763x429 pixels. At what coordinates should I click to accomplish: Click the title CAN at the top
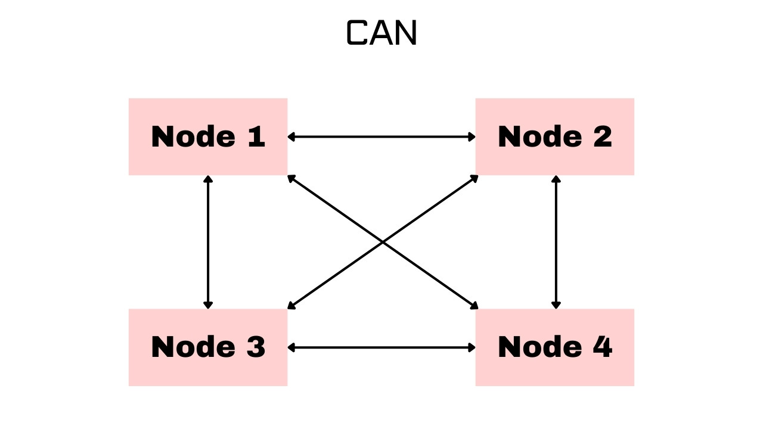pyautogui.click(x=381, y=33)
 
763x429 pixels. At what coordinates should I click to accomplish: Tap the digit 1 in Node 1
pyautogui.click(x=256, y=137)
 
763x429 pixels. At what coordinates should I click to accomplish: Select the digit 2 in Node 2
pyautogui.click(x=601, y=137)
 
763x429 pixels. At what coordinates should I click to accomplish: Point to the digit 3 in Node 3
pyautogui.click(x=256, y=347)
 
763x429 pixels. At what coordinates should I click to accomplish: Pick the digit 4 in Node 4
pyautogui.click(x=601, y=347)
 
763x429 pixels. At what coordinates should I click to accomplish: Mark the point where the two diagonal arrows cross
pyautogui.click(x=382, y=242)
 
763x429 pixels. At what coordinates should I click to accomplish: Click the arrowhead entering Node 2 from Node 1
pyautogui.click(x=472, y=137)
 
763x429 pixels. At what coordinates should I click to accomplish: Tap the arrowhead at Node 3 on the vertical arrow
pyautogui.click(x=208, y=304)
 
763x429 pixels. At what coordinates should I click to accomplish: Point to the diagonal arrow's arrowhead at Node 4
pyautogui.click(x=474, y=306)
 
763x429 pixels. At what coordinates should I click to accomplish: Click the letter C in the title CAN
pyautogui.click(x=358, y=33)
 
